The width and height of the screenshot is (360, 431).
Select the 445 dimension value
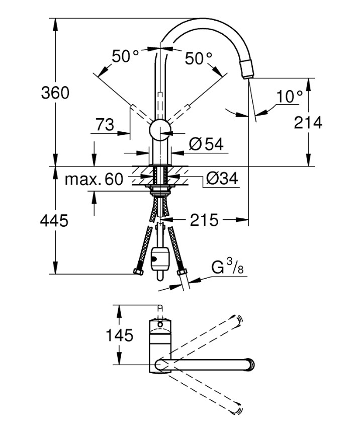tap(54, 220)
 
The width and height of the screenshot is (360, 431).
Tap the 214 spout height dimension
tap(308, 122)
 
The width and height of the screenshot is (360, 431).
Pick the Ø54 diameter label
tap(206, 144)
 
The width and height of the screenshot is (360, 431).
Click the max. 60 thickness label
tap(94, 179)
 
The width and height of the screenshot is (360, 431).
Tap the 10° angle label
tap(290, 96)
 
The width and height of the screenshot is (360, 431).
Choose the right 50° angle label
tap(199, 58)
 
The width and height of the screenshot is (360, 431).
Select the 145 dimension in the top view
tap(119, 335)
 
